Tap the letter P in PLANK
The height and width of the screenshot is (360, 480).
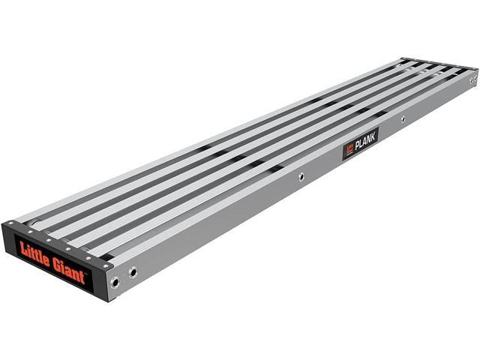point(357,143)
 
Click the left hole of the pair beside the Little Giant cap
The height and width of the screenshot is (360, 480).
point(115,283)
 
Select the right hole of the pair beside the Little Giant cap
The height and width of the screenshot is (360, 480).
point(133,272)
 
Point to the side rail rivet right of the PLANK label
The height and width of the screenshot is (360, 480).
point(403,118)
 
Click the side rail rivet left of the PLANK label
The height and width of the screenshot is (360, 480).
point(300,177)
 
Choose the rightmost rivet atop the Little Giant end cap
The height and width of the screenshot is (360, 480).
point(106,265)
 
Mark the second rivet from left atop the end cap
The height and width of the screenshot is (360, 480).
point(30,232)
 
